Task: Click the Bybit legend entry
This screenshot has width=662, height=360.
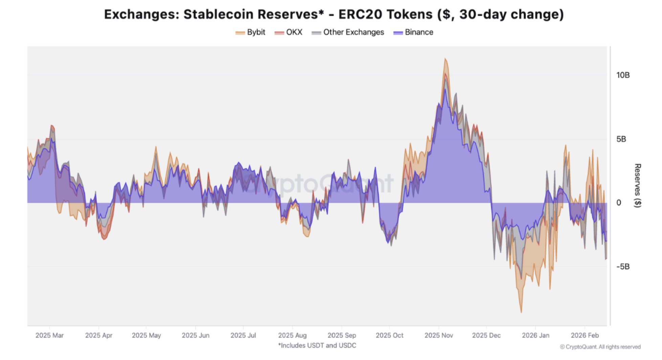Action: (251, 32)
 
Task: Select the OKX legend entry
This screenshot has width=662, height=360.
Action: (289, 32)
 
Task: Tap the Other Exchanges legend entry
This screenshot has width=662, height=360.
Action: (348, 32)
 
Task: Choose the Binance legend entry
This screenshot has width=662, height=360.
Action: (414, 32)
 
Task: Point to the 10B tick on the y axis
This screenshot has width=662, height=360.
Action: (623, 75)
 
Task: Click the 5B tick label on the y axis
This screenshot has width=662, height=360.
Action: (621, 139)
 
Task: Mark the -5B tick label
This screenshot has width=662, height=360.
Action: (623, 267)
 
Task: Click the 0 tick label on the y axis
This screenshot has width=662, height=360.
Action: (619, 203)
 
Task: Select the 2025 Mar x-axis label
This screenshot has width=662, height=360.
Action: (49, 335)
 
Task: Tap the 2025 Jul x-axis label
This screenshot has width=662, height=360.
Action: (243, 335)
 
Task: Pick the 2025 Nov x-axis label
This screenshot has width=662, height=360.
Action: (439, 335)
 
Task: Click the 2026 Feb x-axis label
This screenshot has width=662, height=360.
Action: (585, 335)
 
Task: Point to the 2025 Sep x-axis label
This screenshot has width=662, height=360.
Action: (342, 335)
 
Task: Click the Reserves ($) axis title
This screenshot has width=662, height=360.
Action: (638, 185)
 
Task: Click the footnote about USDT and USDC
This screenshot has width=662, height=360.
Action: (317, 345)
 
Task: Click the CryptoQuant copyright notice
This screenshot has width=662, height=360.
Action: (600, 347)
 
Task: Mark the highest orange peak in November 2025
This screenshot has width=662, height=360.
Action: (445, 59)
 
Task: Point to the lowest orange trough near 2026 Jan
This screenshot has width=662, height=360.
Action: (521, 312)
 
